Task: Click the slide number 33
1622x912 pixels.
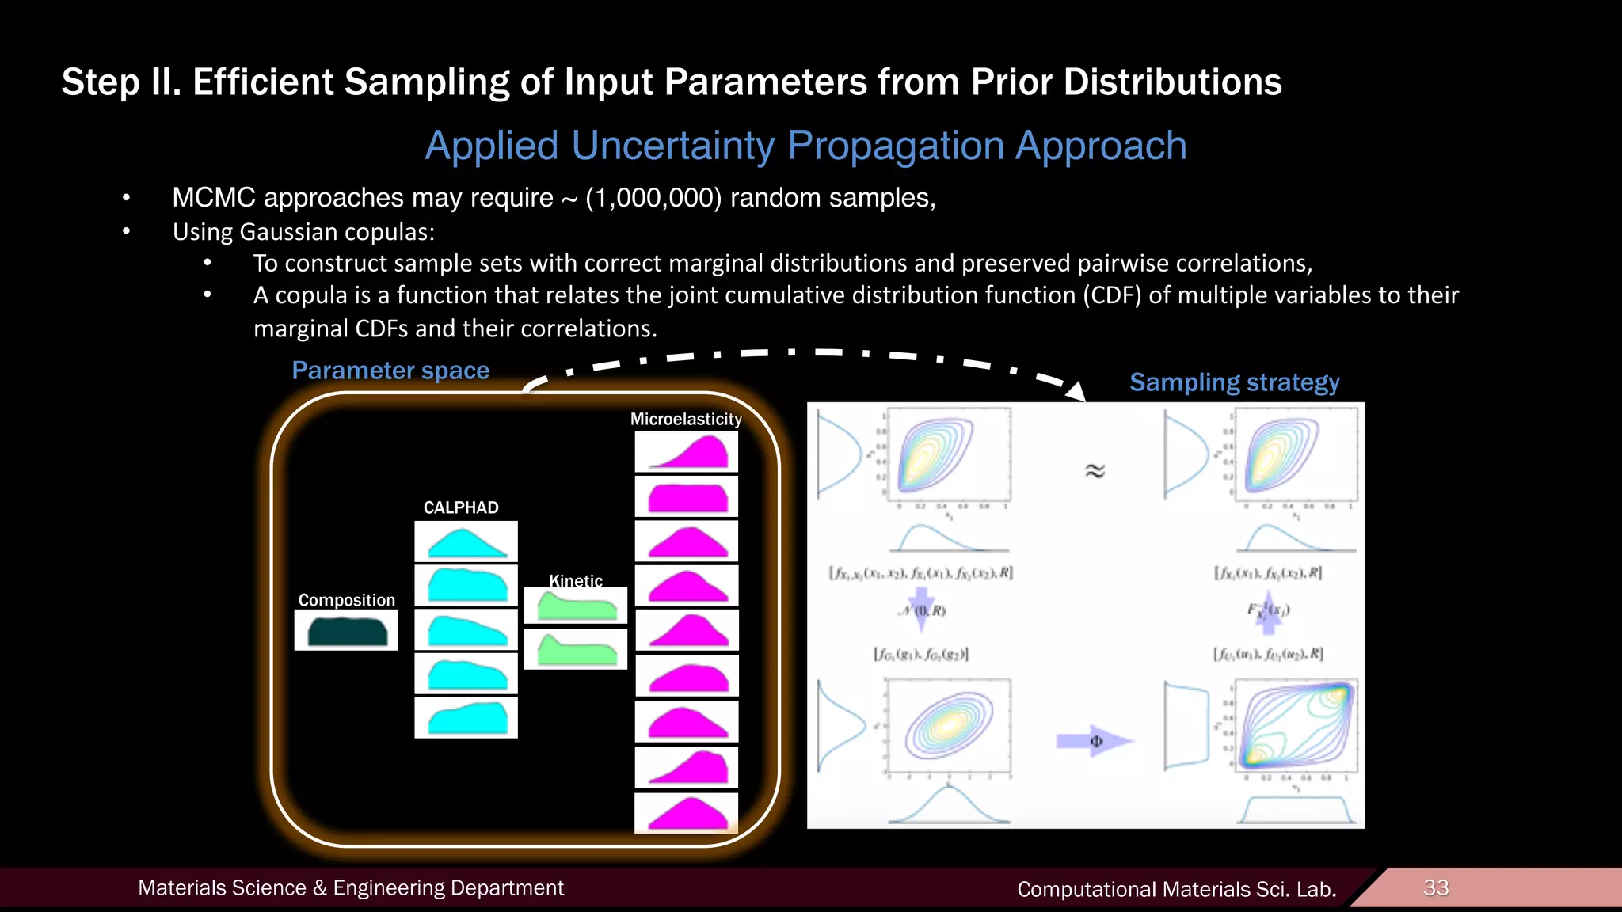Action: pos(1436,887)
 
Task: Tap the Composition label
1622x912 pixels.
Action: pos(346,600)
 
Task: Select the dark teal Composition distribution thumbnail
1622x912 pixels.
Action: pos(346,631)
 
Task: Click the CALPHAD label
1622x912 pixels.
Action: pos(461,507)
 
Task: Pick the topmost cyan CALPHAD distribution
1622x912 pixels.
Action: pos(466,542)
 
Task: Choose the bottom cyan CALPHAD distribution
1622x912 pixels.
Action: pos(466,718)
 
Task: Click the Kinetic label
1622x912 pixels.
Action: pos(576,580)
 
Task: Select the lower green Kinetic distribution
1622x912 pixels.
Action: pos(576,649)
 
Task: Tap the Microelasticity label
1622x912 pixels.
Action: pos(686,419)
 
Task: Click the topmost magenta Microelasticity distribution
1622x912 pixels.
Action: pos(686,452)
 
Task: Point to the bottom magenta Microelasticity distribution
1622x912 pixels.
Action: pos(686,813)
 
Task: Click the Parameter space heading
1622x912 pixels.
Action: pos(390,370)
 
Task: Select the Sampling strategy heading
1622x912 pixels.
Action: pos(1234,382)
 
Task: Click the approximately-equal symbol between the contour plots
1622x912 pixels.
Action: pos(1095,471)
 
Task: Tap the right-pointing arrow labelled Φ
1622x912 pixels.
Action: pos(1095,741)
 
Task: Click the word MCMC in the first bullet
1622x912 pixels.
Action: pos(214,198)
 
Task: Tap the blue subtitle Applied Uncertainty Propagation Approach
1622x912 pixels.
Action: pos(805,146)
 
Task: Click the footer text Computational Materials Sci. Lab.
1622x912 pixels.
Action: pos(1176,889)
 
